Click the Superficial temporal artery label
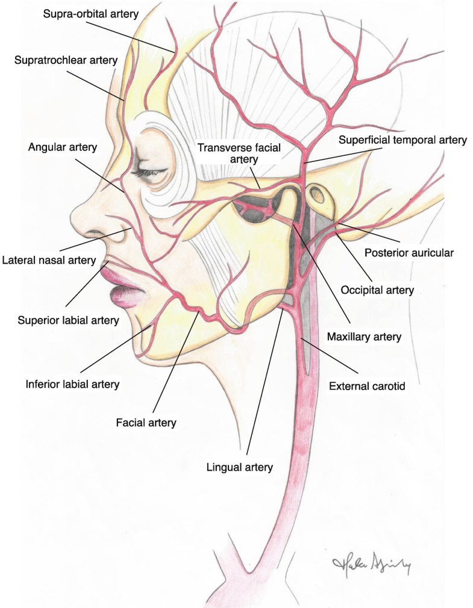click(403, 140)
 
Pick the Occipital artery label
click(377, 290)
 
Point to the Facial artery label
click(146, 423)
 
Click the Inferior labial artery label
click(73, 383)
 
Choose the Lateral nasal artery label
click(49, 260)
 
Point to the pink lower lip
click(125, 295)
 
